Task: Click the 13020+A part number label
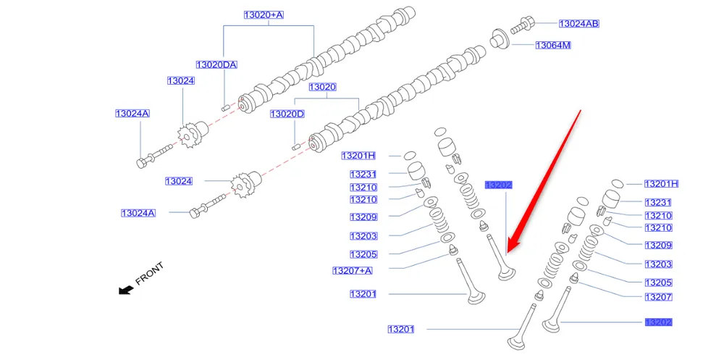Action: point(264,14)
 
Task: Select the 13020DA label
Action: point(216,64)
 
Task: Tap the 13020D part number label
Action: point(287,114)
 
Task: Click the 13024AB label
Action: point(578,24)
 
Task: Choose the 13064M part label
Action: point(554,46)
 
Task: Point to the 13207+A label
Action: point(353,271)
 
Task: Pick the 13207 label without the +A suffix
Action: point(658,297)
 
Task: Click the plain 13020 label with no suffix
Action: point(323,87)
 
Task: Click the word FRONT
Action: point(150,274)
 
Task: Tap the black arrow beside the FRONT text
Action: point(126,290)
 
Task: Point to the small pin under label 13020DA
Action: point(224,106)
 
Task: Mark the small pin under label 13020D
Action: point(295,146)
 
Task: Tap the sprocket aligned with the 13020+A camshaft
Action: point(190,135)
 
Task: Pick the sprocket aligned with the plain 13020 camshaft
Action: point(243,186)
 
